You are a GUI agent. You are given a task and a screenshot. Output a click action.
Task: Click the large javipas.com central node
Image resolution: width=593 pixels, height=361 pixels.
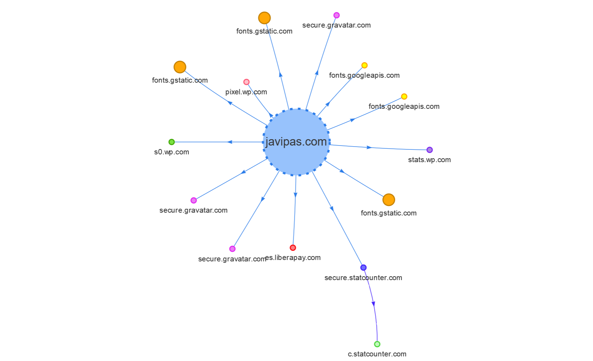pos(296,142)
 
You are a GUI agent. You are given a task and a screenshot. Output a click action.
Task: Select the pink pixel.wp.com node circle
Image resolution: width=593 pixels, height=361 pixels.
pos(246,82)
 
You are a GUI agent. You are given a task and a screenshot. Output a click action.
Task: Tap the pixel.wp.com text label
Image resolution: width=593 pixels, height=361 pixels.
pos(246,92)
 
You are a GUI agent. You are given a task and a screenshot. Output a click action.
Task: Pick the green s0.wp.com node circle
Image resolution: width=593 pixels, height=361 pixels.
pos(172,142)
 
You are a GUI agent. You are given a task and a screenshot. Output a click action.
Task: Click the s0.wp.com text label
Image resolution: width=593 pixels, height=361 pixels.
pos(172,152)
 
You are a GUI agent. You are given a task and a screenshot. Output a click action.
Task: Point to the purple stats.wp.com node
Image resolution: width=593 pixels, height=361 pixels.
pos(430,150)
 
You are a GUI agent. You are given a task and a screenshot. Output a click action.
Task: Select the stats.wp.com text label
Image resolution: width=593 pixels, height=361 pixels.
pos(429,160)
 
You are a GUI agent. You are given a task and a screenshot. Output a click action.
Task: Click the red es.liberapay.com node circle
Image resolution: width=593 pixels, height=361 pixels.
pos(293,248)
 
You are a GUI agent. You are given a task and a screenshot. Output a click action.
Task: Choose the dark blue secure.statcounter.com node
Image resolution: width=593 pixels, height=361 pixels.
pos(363,267)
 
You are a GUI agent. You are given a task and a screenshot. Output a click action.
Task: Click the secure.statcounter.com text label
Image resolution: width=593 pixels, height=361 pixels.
pos(363,278)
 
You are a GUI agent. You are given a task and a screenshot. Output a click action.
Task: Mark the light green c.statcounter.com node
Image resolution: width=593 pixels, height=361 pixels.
pos(377,344)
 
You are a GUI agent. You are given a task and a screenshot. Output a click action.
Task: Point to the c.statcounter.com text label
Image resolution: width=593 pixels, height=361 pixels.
pos(377,354)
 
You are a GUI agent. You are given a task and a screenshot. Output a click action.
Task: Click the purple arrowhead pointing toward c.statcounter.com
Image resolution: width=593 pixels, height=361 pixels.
pos(373,303)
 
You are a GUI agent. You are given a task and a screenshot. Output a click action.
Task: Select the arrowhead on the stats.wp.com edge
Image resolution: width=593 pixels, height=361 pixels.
pos(369,147)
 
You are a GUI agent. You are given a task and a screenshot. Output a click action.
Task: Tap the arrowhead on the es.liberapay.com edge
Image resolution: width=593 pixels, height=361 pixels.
pos(295,195)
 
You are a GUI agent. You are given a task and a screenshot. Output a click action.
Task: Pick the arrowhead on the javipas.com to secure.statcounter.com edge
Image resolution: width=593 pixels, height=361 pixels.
pos(332,208)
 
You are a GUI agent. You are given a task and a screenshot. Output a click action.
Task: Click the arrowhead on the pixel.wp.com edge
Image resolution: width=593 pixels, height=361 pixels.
pos(271,115)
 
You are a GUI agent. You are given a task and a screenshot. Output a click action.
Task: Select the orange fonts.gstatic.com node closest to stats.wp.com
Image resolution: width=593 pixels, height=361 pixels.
pos(389,200)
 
